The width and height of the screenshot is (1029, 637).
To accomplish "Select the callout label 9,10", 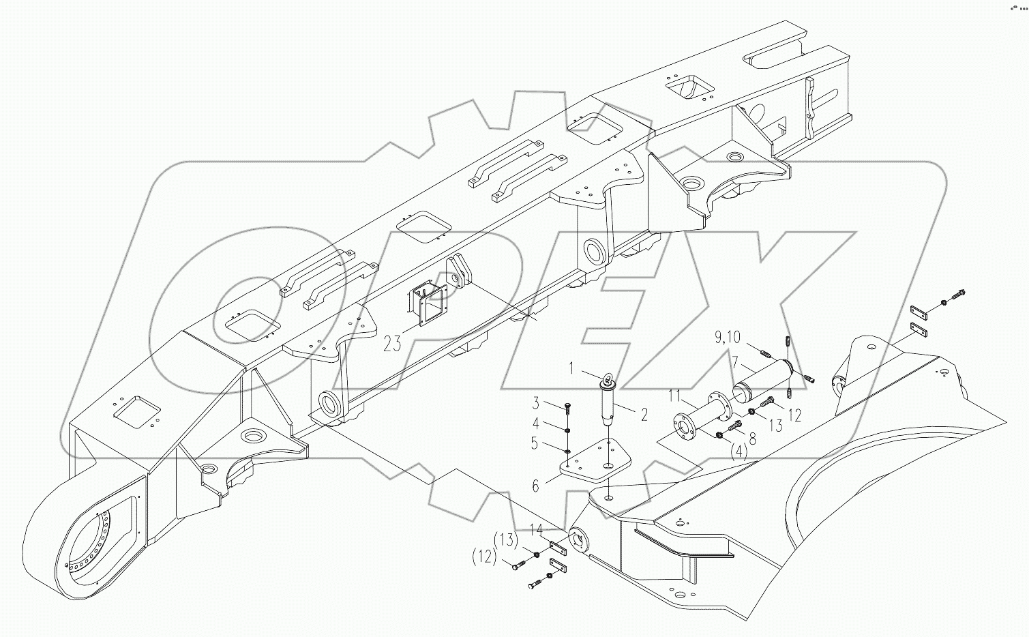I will pos(728,336).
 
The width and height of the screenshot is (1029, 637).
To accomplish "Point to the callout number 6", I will pos(536,486).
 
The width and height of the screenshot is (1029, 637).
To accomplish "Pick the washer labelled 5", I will pos(567,449).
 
